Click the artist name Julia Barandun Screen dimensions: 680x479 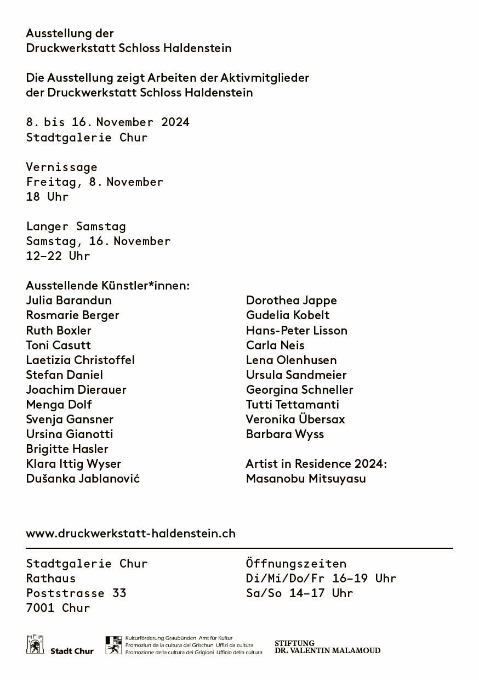point(69,301)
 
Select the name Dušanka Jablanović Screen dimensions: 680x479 point(83,478)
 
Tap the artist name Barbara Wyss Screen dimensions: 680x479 point(284,434)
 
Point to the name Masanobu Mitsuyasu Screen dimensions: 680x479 point(306,478)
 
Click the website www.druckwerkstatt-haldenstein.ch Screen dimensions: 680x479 point(130,533)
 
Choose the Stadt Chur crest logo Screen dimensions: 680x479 point(35,645)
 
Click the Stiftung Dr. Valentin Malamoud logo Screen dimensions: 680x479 point(327,647)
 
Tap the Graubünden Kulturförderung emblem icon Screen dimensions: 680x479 point(113,645)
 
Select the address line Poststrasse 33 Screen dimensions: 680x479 point(76,593)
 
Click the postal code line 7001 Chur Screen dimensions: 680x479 point(58,608)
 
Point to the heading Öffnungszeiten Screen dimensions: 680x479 point(296,563)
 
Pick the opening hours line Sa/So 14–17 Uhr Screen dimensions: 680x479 point(299,593)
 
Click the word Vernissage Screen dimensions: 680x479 point(61,167)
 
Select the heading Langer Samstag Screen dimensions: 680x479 point(76,226)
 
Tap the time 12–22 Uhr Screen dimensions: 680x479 point(58,256)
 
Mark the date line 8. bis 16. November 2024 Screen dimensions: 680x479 point(107,122)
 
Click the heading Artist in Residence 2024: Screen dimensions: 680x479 point(316,463)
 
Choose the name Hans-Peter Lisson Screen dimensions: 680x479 point(296,330)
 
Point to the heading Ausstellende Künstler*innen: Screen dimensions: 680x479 point(107,286)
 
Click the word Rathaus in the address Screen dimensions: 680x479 point(51,578)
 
